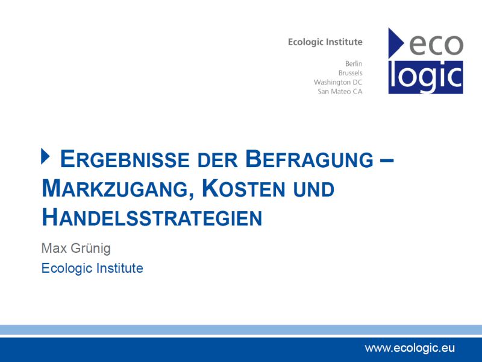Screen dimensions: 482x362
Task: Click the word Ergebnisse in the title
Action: coord(125,159)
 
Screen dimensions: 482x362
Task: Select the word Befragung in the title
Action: coord(309,159)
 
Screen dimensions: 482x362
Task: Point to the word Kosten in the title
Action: coord(243,188)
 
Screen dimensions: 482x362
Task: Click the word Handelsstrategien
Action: coord(152,217)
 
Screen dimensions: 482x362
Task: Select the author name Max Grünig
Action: coord(76,248)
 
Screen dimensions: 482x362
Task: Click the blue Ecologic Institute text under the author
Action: coord(92,268)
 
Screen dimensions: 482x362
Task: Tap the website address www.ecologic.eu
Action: coord(410,348)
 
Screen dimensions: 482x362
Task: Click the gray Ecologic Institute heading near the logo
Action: coord(325,42)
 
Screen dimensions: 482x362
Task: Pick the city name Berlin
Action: coord(354,64)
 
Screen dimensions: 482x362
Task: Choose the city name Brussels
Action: coord(351,73)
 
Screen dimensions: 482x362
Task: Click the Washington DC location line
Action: coord(338,83)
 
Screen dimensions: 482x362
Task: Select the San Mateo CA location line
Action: coord(340,92)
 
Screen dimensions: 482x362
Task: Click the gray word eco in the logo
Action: coord(436,45)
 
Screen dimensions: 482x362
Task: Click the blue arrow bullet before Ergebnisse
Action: coord(45,156)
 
